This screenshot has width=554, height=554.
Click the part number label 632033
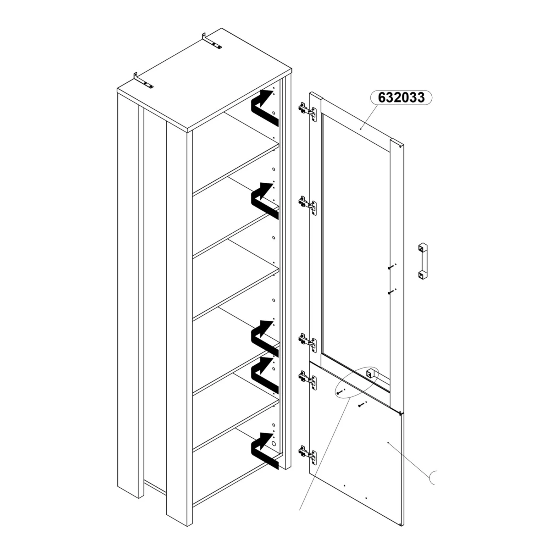point(401,98)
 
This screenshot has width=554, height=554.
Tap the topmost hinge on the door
point(307,110)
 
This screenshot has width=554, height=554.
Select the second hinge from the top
point(307,205)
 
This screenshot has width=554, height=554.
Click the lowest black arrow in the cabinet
point(264,451)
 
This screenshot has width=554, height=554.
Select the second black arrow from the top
point(264,201)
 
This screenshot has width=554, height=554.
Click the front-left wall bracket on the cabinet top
point(144,81)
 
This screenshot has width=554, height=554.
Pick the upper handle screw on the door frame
point(392,267)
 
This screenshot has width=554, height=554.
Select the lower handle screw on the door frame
point(392,292)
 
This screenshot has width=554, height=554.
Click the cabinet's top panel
point(205,80)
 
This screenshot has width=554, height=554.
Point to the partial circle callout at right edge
point(432,477)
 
